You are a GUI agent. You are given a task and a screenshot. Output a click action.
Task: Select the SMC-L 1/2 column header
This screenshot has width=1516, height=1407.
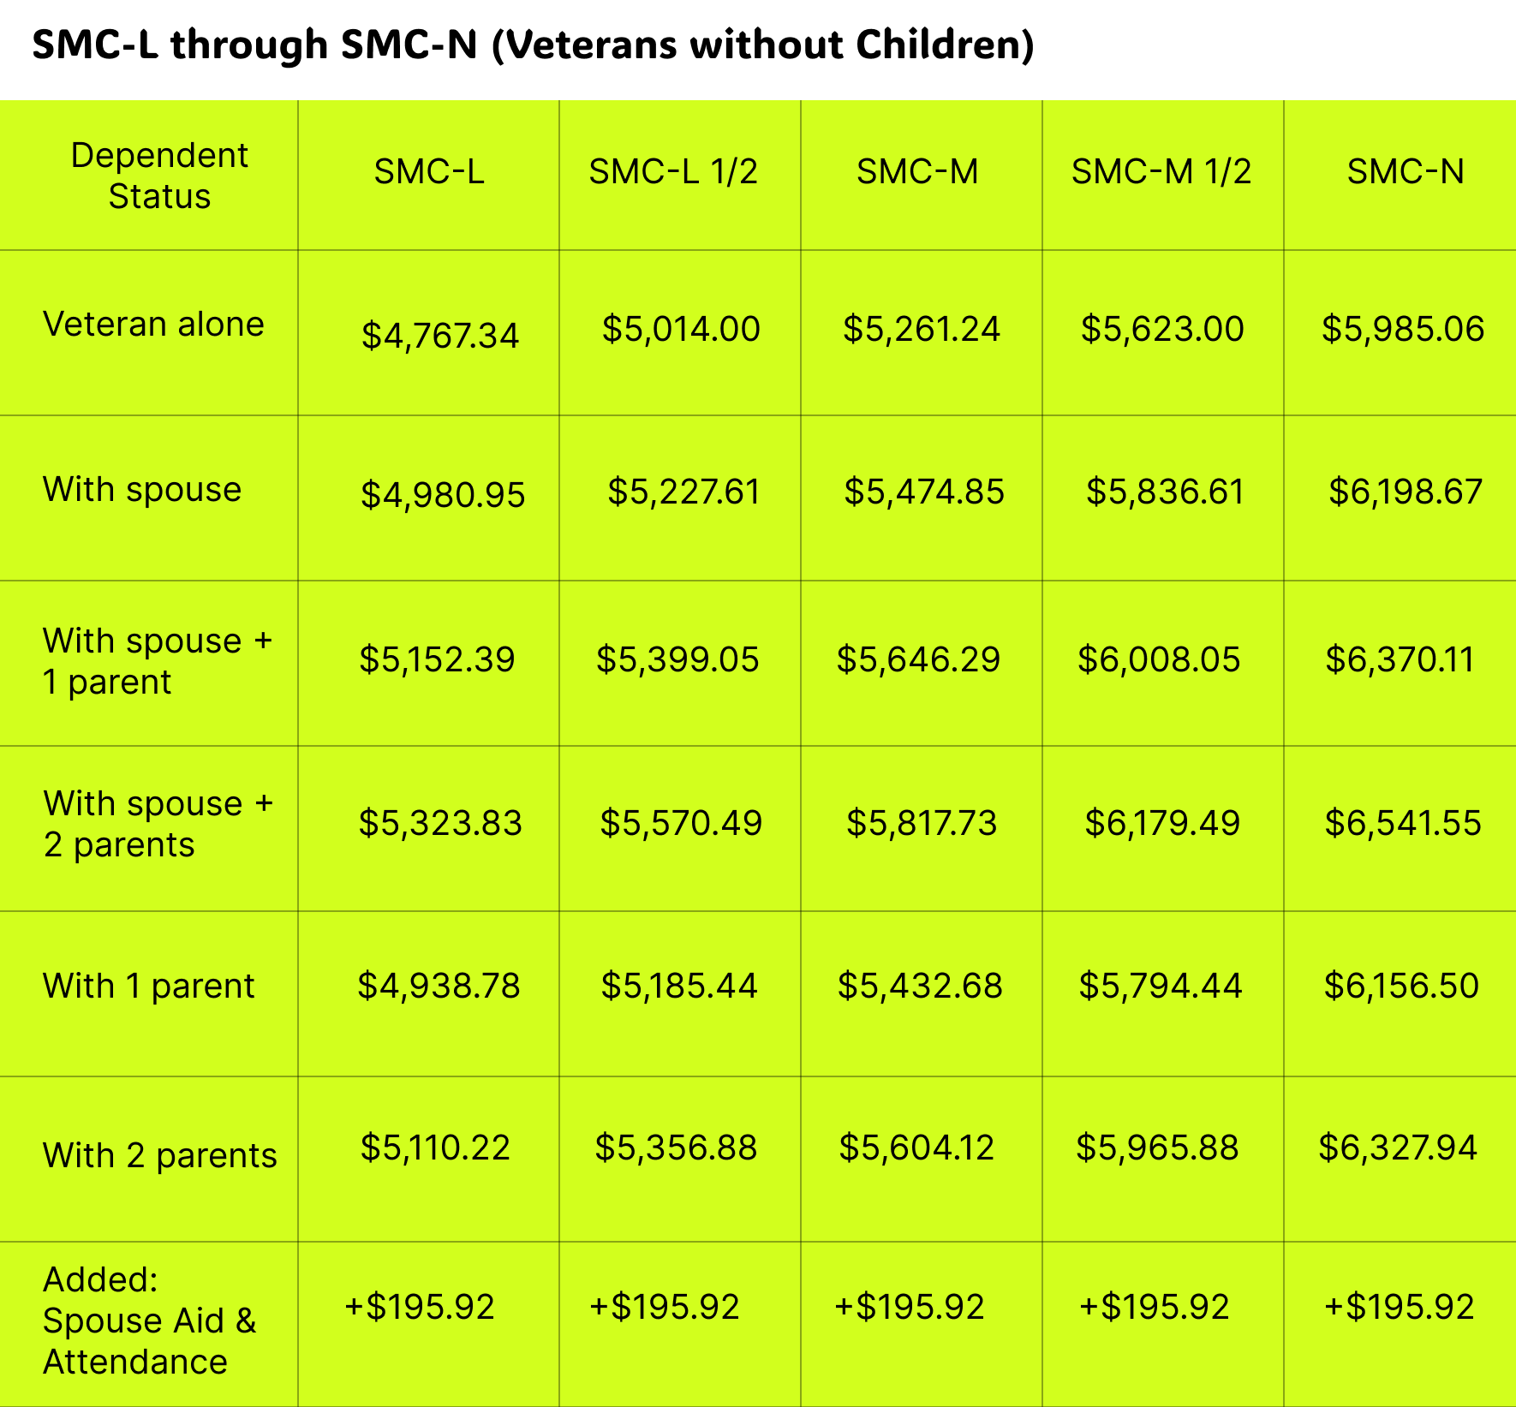[x=673, y=172]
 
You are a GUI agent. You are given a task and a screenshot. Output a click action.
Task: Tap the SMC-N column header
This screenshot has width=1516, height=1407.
[x=1406, y=172]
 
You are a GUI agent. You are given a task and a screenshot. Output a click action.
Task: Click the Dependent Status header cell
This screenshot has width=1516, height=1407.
[x=159, y=176]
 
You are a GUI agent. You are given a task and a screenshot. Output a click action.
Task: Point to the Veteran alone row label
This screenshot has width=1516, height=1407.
[x=153, y=325]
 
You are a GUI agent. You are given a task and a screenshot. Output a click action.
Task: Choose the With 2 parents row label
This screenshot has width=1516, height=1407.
[x=160, y=1155]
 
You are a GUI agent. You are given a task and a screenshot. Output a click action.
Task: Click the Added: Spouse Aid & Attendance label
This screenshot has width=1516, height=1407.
[x=150, y=1320]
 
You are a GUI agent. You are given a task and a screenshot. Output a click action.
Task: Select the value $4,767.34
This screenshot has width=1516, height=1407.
[x=440, y=335]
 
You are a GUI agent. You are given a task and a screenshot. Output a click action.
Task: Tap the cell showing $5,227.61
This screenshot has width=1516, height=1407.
[x=683, y=492]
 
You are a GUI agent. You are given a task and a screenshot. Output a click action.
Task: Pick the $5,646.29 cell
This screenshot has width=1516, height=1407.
[x=918, y=659]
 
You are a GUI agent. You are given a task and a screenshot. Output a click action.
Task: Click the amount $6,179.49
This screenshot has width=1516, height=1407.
[x=1162, y=823]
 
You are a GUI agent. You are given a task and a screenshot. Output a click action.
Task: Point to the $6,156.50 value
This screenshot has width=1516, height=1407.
[x=1401, y=986]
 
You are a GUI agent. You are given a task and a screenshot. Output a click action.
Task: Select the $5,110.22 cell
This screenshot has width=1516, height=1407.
[x=435, y=1148]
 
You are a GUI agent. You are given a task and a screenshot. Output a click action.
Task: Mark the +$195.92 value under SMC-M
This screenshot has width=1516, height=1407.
[x=910, y=1307]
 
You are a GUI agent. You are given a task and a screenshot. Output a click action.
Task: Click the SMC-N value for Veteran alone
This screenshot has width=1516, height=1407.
[x=1403, y=329]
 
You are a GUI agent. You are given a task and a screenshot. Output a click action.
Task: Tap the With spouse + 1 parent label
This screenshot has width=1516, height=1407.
[x=158, y=661]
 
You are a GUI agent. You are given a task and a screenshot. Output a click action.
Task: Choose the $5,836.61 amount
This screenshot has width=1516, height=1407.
[x=1165, y=492]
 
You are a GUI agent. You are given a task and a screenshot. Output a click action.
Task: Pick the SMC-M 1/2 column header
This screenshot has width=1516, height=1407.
[x=1161, y=172]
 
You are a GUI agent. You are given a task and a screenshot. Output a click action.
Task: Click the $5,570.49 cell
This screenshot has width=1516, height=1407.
[x=681, y=823]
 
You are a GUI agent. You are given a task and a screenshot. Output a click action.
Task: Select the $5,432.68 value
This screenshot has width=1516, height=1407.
[x=920, y=986]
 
